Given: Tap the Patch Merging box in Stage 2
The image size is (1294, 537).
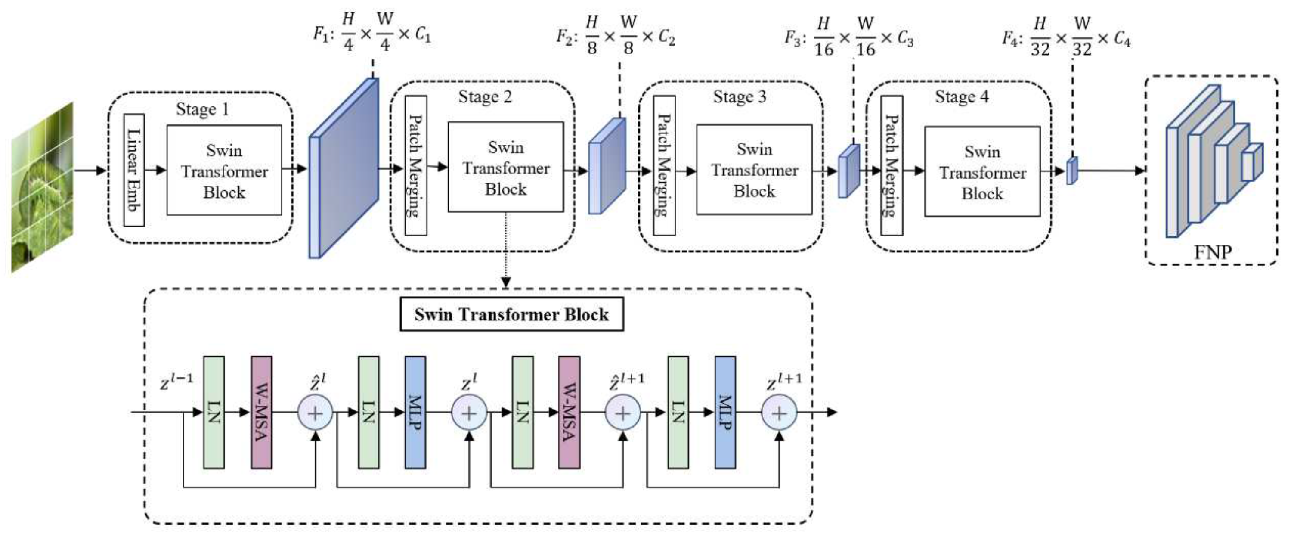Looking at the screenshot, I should coord(416,166).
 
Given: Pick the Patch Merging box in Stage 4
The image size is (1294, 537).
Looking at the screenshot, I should coord(892,166).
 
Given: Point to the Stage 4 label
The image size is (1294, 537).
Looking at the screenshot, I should coord(961,97).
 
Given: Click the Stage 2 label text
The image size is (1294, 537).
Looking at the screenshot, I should coord(485,97).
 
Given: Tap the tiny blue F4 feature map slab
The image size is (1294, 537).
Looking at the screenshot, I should coord(1071,171).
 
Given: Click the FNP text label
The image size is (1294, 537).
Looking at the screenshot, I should coord(1213,251).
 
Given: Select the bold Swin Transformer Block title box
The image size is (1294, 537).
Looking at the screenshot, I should coord(511,314).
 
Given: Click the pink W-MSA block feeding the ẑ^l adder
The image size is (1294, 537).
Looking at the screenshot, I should coord(261,413).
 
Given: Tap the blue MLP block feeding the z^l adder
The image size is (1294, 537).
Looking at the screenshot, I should coord(415,413).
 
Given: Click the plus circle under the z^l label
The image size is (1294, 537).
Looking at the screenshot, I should coord(469,413).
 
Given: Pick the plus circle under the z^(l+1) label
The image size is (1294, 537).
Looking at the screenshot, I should coord(779,413).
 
